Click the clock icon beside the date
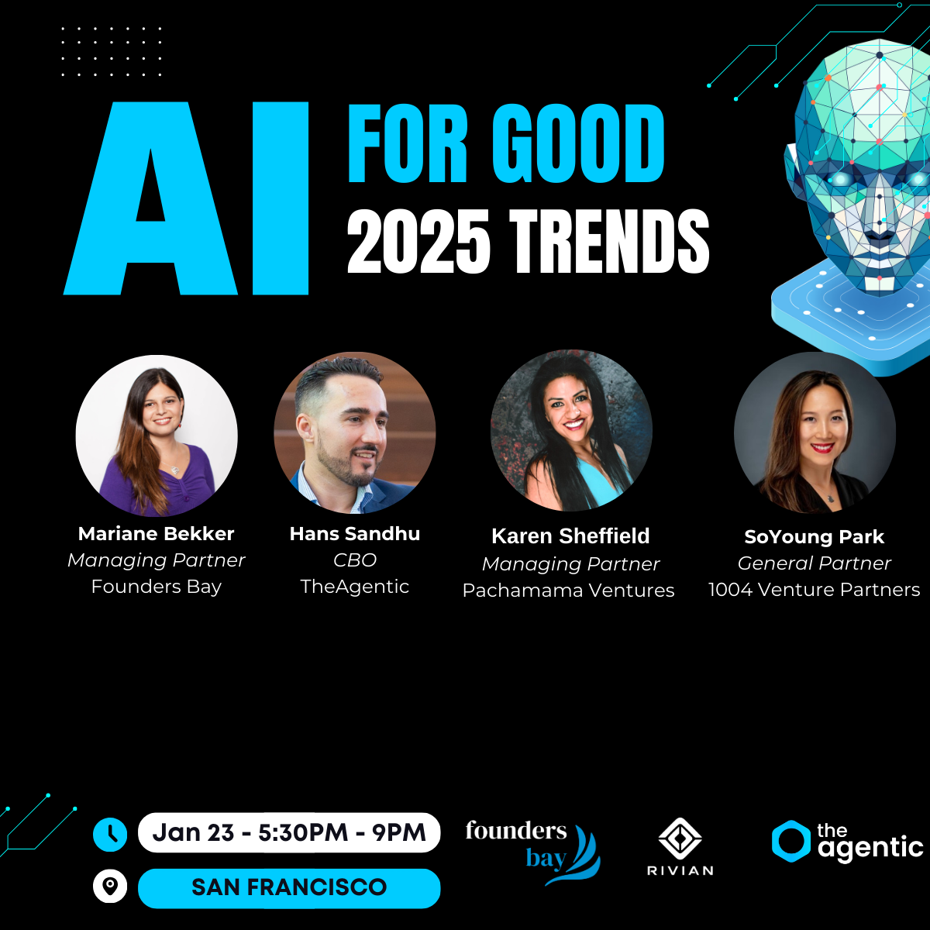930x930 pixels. tap(110, 834)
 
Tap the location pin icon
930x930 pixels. tap(110, 886)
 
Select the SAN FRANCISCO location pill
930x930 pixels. tap(289, 888)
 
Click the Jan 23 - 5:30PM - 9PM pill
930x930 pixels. tap(289, 832)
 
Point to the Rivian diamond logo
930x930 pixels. tap(680, 839)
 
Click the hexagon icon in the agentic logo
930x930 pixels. tap(791, 841)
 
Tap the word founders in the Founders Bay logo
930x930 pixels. tap(516, 831)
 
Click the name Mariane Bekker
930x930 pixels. tap(157, 534)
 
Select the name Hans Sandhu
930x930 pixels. tap(355, 534)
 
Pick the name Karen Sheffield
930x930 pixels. tap(570, 536)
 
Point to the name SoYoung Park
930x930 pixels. tap(815, 537)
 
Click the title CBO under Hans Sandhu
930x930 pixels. tap(355, 560)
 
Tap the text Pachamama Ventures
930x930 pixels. tap(569, 591)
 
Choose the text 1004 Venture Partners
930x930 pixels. tap(815, 589)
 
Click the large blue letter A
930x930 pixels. tap(150, 198)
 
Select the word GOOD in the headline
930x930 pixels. tap(578, 143)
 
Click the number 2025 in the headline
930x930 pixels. tap(418, 241)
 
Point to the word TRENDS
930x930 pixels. tap(609, 241)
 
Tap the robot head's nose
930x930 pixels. tap(880, 212)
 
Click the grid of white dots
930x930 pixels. tap(112, 52)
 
